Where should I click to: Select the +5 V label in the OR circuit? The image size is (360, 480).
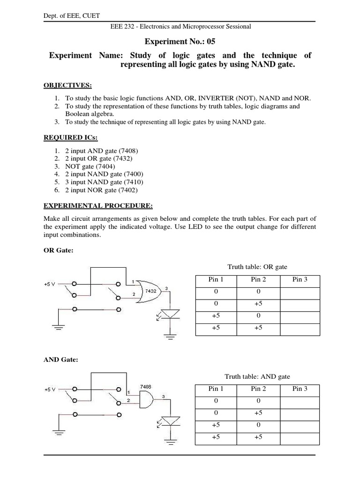(49, 285)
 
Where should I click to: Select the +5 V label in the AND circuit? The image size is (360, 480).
(49, 389)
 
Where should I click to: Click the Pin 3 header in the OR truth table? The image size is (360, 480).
(300, 280)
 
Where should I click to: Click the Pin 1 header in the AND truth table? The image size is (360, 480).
(216, 389)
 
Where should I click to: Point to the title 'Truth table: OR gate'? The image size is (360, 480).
(257, 267)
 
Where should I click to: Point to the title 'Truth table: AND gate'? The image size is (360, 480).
(257, 376)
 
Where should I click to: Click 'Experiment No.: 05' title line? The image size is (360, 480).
(180, 41)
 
